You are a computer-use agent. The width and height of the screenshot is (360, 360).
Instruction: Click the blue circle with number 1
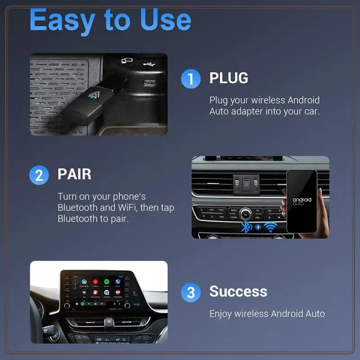tap(190, 79)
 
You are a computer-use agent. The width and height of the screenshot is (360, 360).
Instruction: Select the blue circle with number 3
tap(190, 292)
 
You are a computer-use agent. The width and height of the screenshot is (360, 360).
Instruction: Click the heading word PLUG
tap(229, 78)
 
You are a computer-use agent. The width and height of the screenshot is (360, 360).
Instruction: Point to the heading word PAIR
tap(74, 174)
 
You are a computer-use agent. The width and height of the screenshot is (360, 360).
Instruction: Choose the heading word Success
tap(238, 292)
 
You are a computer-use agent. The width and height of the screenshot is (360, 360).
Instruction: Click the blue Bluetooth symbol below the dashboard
tap(246, 227)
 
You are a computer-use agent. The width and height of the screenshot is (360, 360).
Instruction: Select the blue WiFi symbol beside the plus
tap(270, 227)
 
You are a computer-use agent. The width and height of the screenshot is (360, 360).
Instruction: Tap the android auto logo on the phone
tap(301, 201)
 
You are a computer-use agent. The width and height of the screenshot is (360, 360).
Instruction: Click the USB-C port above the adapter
tap(150, 83)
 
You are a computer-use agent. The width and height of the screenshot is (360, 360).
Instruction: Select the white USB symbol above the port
tap(149, 63)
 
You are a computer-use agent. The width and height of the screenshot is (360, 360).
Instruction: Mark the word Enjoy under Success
tap(221, 314)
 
